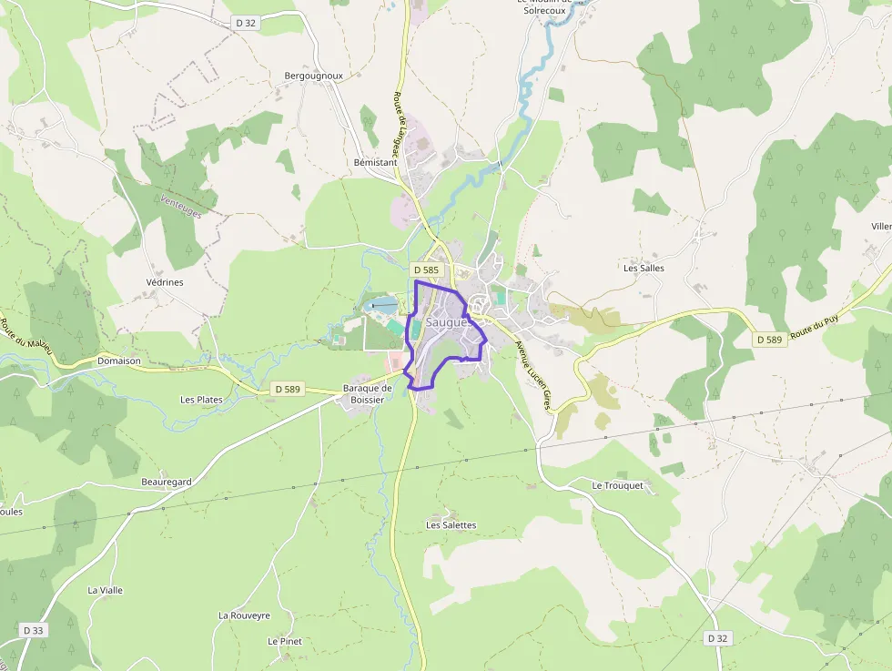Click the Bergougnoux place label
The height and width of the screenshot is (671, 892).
click(x=313, y=76)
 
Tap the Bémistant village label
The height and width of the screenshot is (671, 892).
click(x=375, y=162)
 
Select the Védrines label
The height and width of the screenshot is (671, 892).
click(x=165, y=282)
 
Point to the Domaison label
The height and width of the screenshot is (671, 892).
click(x=118, y=361)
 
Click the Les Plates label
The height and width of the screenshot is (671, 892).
click(x=201, y=400)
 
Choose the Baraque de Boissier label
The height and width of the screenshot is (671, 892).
click(x=367, y=393)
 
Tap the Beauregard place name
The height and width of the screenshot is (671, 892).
click(x=166, y=482)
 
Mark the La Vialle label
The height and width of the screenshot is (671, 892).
click(x=105, y=590)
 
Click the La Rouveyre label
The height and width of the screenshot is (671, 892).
click(x=244, y=615)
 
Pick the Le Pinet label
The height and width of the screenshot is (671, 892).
click(x=284, y=641)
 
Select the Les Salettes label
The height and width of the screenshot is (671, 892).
click(x=451, y=525)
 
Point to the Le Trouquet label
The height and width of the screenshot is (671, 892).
click(x=617, y=485)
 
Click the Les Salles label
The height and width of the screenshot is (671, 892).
click(x=644, y=269)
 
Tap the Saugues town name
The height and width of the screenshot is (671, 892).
click(x=447, y=322)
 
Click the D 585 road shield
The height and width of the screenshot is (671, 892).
click(x=426, y=270)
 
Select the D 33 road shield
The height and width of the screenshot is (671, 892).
click(x=34, y=630)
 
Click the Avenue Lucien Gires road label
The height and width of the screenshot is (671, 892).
click(x=534, y=376)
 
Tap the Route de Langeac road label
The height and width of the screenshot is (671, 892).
click(x=401, y=117)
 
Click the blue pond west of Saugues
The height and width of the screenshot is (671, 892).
click(x=383, y=305)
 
